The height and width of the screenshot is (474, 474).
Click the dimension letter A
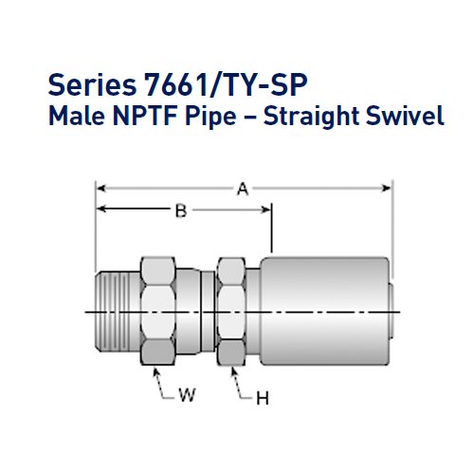(243, 190)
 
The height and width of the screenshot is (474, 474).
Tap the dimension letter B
(180, 211)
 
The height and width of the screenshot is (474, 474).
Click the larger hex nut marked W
(159, 310)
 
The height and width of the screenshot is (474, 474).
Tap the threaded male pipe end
(118, 310)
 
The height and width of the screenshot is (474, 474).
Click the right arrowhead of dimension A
(388, 190)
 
